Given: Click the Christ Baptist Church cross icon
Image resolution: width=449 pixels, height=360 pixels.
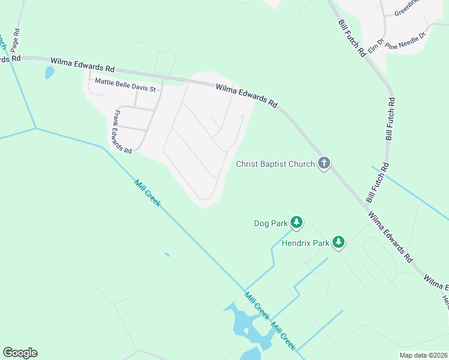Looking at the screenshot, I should (x=324, y=163).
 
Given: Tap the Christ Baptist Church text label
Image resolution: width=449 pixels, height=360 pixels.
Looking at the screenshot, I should (x=276, y=164).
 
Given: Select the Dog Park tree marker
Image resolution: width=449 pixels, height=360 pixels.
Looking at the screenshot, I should (x=297, y=223).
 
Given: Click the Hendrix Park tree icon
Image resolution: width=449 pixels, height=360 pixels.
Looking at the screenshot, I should (x=339, y=242).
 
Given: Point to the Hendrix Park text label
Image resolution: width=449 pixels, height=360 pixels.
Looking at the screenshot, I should (x=306, y=243).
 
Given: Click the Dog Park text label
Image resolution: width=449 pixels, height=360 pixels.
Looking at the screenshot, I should (x=271, y=223).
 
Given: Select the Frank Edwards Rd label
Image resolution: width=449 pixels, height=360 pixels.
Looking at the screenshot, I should (x=122, y=132).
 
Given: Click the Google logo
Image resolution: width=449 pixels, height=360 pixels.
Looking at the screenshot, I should (x=20, y=353).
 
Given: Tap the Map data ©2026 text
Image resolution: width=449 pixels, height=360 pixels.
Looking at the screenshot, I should (x=423, y=355).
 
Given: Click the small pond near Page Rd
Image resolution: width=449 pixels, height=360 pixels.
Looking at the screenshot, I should (x=49, y=73).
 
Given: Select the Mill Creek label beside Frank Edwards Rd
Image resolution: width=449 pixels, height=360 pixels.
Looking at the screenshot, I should (x=147, y=194).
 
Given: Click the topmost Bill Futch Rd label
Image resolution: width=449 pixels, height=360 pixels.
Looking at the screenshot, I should (x=352, y=38).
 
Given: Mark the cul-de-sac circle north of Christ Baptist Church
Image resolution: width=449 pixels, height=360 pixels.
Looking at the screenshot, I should (x=243, y=116).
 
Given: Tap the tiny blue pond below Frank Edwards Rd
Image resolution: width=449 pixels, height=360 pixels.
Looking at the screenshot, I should (x=167, y=254).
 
